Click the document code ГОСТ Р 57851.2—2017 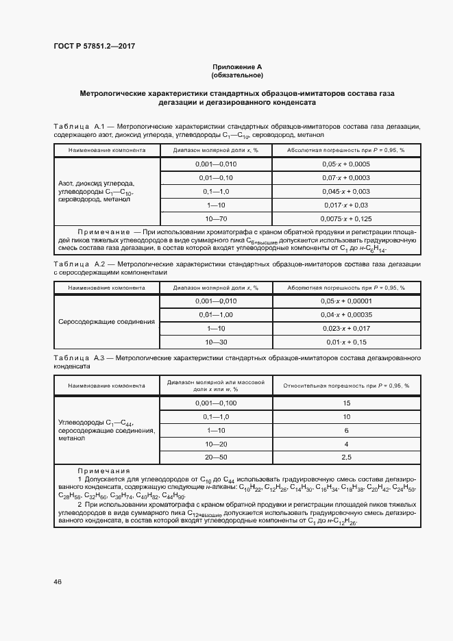coord(94,46)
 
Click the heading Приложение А coord(237,66)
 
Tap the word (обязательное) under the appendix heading coord(237,75)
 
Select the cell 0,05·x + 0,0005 coord(346,164)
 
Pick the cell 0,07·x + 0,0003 coord(346,177)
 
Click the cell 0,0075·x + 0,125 coord(346,218)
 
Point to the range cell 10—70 coord(216,218)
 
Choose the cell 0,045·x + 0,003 coord(346,191)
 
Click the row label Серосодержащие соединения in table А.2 coord(106,321)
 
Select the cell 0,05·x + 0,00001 coord(346,301)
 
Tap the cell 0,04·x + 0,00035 coord(346,314)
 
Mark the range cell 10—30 coord(216,341)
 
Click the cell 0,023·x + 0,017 coord(346,328)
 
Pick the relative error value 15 coord(346,403)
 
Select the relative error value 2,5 coord(346,457)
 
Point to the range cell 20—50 coord(216,457)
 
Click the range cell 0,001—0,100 coord(216,403)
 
